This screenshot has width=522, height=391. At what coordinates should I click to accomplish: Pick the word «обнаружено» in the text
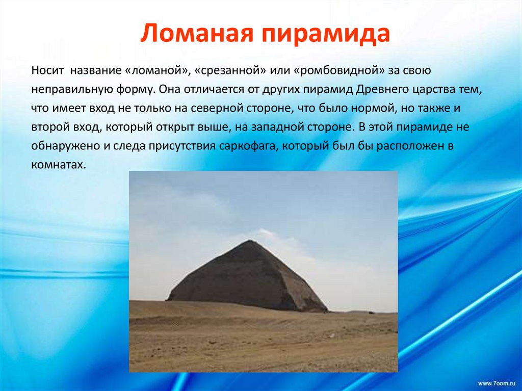60,145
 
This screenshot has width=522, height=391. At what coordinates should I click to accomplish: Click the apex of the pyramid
249,241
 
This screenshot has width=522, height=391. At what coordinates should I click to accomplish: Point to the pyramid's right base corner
326,310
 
